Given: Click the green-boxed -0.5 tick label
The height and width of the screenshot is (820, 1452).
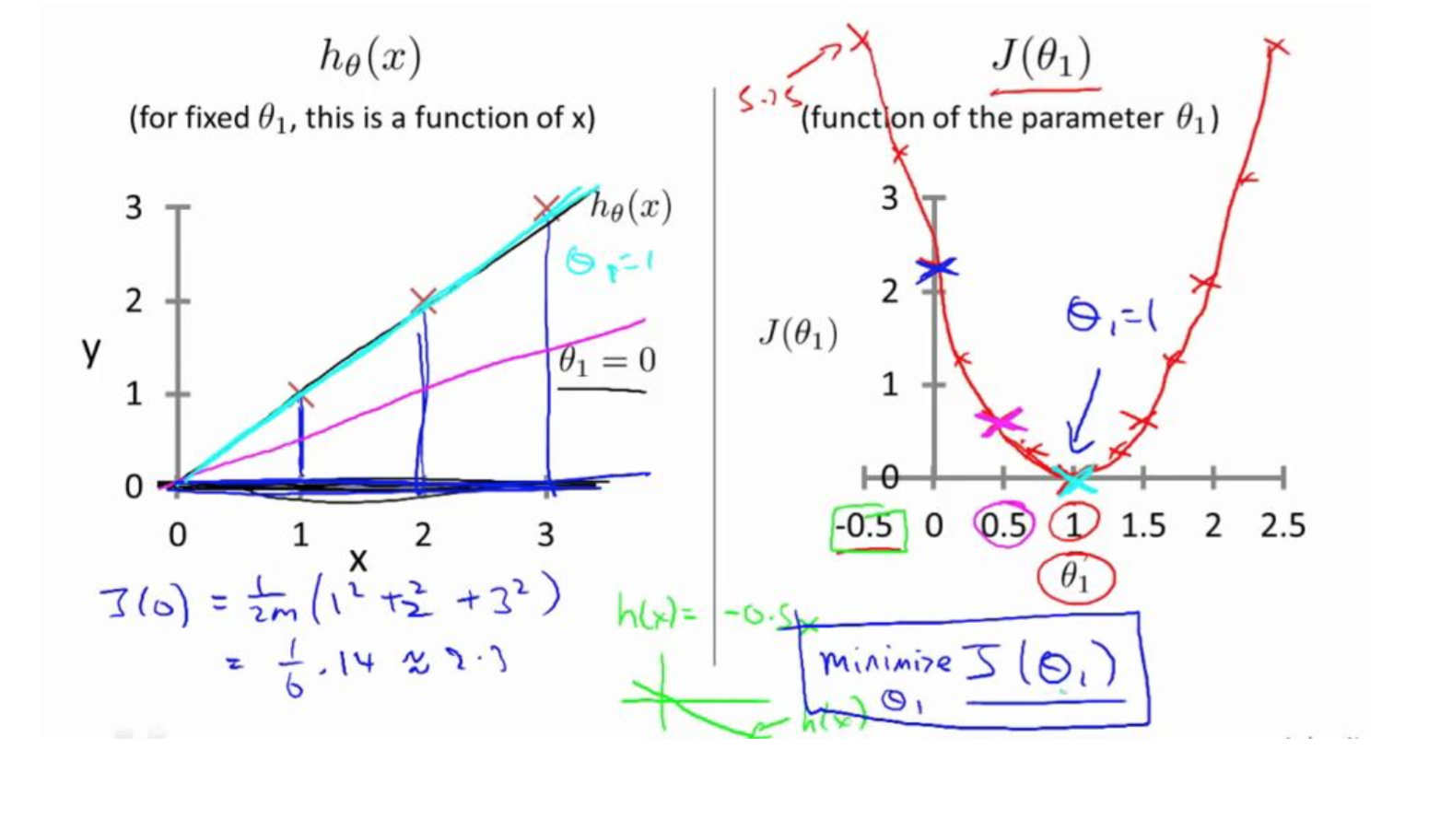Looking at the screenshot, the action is (866, 526).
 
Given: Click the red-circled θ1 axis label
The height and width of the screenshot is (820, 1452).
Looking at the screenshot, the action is (1074, 578).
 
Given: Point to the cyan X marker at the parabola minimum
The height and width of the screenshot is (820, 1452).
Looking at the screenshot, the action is (1074, 479).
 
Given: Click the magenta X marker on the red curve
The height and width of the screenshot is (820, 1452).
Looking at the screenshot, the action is (999, 422).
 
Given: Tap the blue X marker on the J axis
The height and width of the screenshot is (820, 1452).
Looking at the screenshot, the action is (937, 268).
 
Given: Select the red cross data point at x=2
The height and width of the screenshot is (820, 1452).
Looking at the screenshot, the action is (423, 300).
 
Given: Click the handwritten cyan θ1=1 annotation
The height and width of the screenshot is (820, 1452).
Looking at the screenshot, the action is (609, 263).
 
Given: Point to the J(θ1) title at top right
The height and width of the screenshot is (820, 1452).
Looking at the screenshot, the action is (1041, 58).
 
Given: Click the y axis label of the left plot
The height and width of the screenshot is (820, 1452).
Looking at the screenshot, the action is (91, 350).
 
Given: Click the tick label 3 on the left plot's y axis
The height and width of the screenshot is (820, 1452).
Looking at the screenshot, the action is (135, 207).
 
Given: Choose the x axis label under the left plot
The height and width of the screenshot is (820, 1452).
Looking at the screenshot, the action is (358, 559).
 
